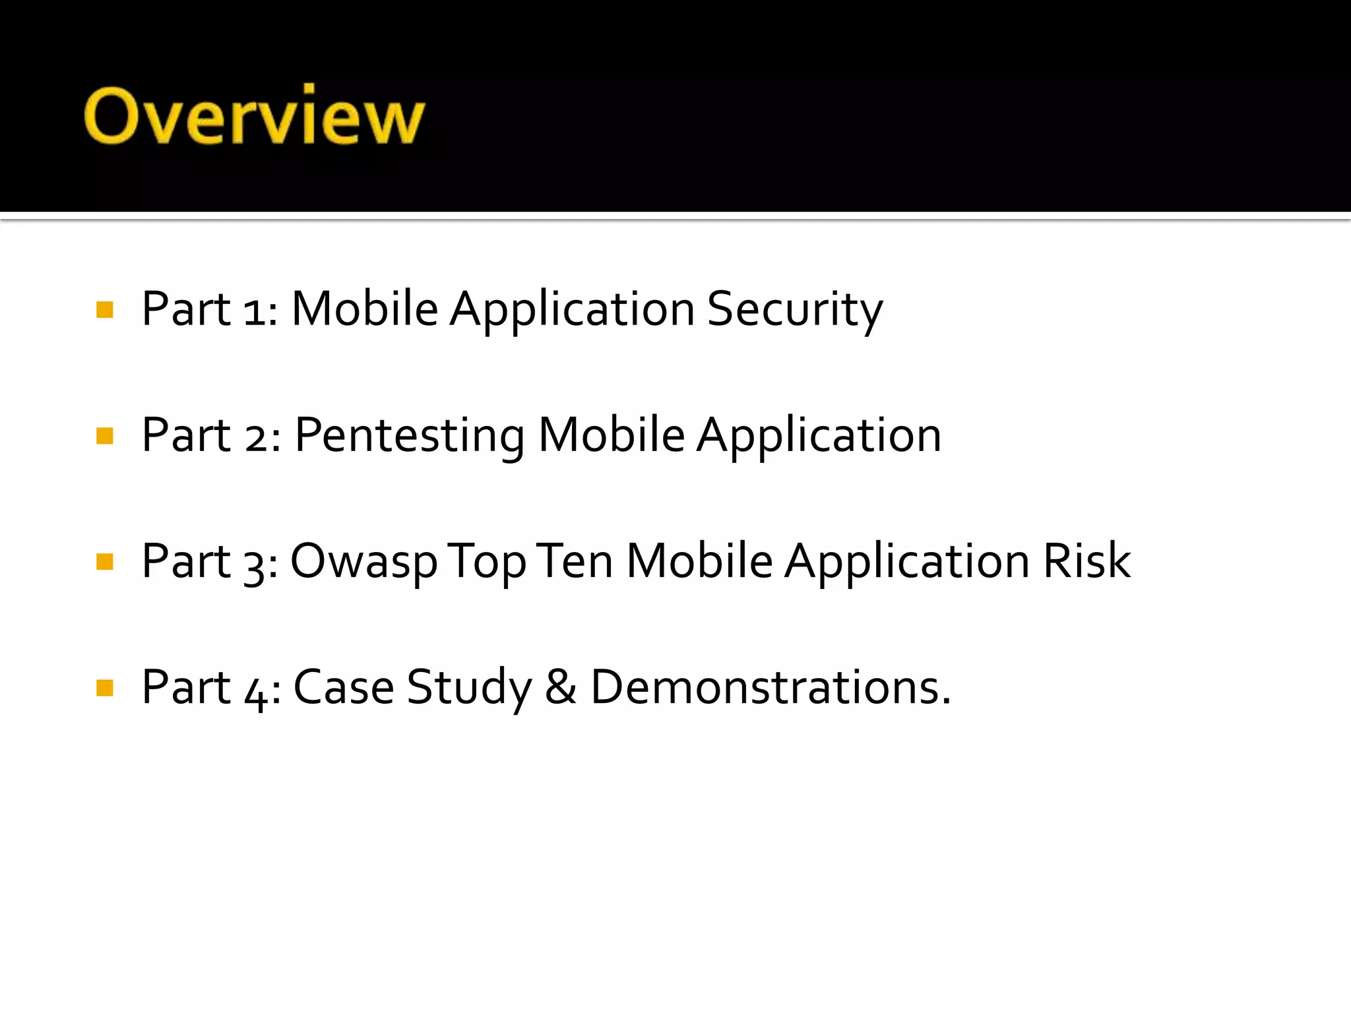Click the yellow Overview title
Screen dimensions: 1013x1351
coord(254,116)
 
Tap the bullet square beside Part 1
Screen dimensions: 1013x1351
coord(105,310)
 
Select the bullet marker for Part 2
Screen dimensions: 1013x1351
coord(105,436)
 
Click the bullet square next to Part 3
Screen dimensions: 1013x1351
coord(105,562)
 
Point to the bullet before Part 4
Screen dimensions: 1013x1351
coord(105,688)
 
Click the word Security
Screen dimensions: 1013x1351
coord(794,310)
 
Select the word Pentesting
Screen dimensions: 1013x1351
coord(409,436)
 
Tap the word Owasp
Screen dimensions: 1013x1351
coord(363,562)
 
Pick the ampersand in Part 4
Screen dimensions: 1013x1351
coord(561,688)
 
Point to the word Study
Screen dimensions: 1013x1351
coord(469,688)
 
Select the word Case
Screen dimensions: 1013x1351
coord(343,688)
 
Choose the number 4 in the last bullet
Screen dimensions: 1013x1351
coord(256,692)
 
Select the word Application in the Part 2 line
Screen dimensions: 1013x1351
coord(819,437)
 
